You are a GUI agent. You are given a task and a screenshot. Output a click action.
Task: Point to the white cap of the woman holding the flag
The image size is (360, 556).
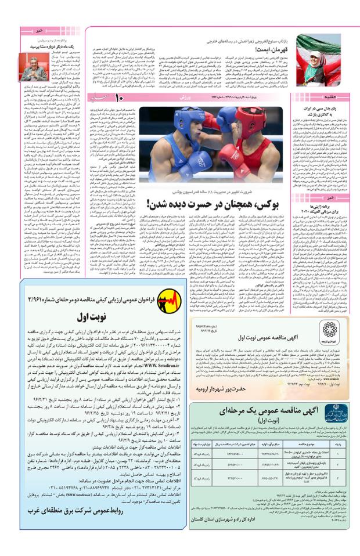[x=318, y=42]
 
